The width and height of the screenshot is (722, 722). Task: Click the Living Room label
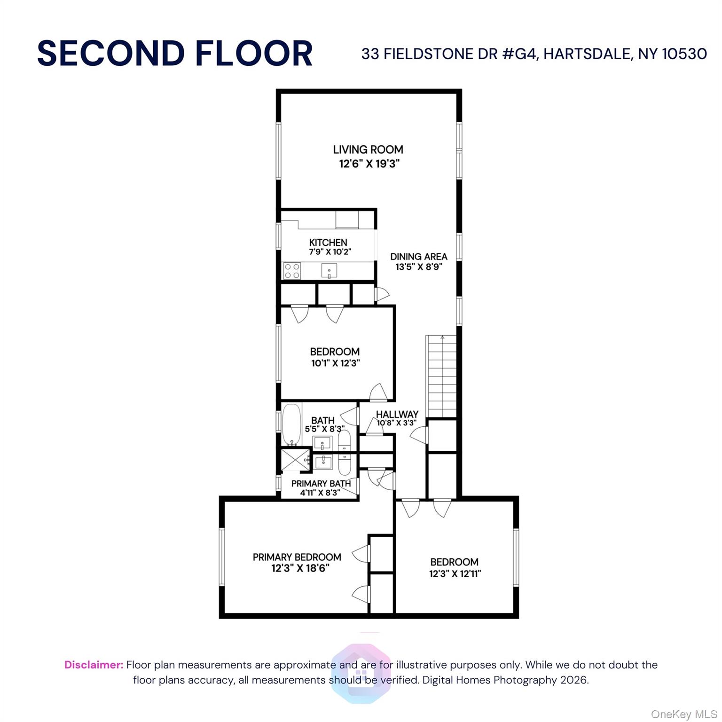point(368,149)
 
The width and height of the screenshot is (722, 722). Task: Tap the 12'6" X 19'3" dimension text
point(369,164)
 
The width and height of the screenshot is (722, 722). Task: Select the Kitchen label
point(328,243)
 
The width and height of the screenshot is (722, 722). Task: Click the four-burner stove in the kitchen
point(292,271)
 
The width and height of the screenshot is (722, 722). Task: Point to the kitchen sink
point(329,271)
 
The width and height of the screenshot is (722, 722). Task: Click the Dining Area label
point(418,257)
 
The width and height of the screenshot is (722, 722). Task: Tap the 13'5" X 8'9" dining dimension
point(419,267)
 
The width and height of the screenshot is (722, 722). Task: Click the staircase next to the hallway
point(441,376)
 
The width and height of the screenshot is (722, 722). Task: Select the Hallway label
point(397,414)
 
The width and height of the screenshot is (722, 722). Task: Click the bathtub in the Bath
point(291,424)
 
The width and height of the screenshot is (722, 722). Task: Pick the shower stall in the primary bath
point(295,461)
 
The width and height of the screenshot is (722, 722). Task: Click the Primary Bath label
point(321,483)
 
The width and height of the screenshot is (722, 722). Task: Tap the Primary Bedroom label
point(297,557)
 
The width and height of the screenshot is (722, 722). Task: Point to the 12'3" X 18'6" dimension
point(300,568)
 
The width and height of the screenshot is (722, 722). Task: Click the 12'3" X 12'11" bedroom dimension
point(455,574)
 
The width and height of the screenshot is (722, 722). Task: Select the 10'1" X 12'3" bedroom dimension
point(336,363)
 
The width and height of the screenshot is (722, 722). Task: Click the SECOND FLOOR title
point(175,53)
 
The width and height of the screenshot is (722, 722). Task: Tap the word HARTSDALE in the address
point(587,54)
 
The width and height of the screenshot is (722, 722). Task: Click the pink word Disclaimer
point(94,665)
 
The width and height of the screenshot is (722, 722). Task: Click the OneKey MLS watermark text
point(684,714)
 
